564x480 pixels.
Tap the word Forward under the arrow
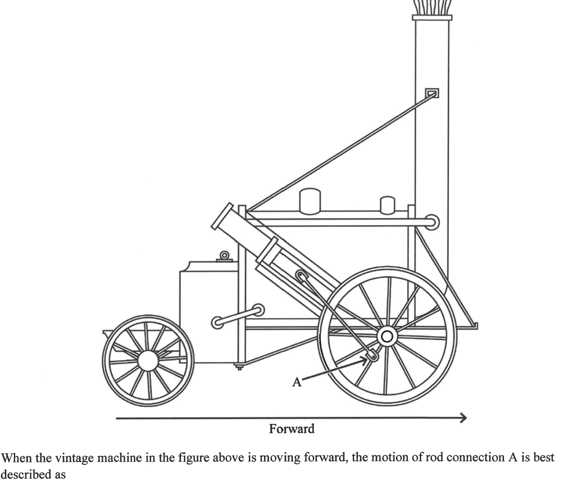click(x=291, y=429)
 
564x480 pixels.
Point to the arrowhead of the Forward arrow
click(x=463, y=418)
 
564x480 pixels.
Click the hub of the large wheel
click(x=388, y=336)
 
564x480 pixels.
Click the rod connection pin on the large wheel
click(x=372, y=356)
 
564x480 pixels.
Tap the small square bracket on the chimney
click(x=432, y=93)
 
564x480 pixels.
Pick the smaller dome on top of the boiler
click(x=387, y=205)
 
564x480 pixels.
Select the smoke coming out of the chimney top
click(x=432, y=7)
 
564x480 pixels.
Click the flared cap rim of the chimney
click(x=432, y=18)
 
